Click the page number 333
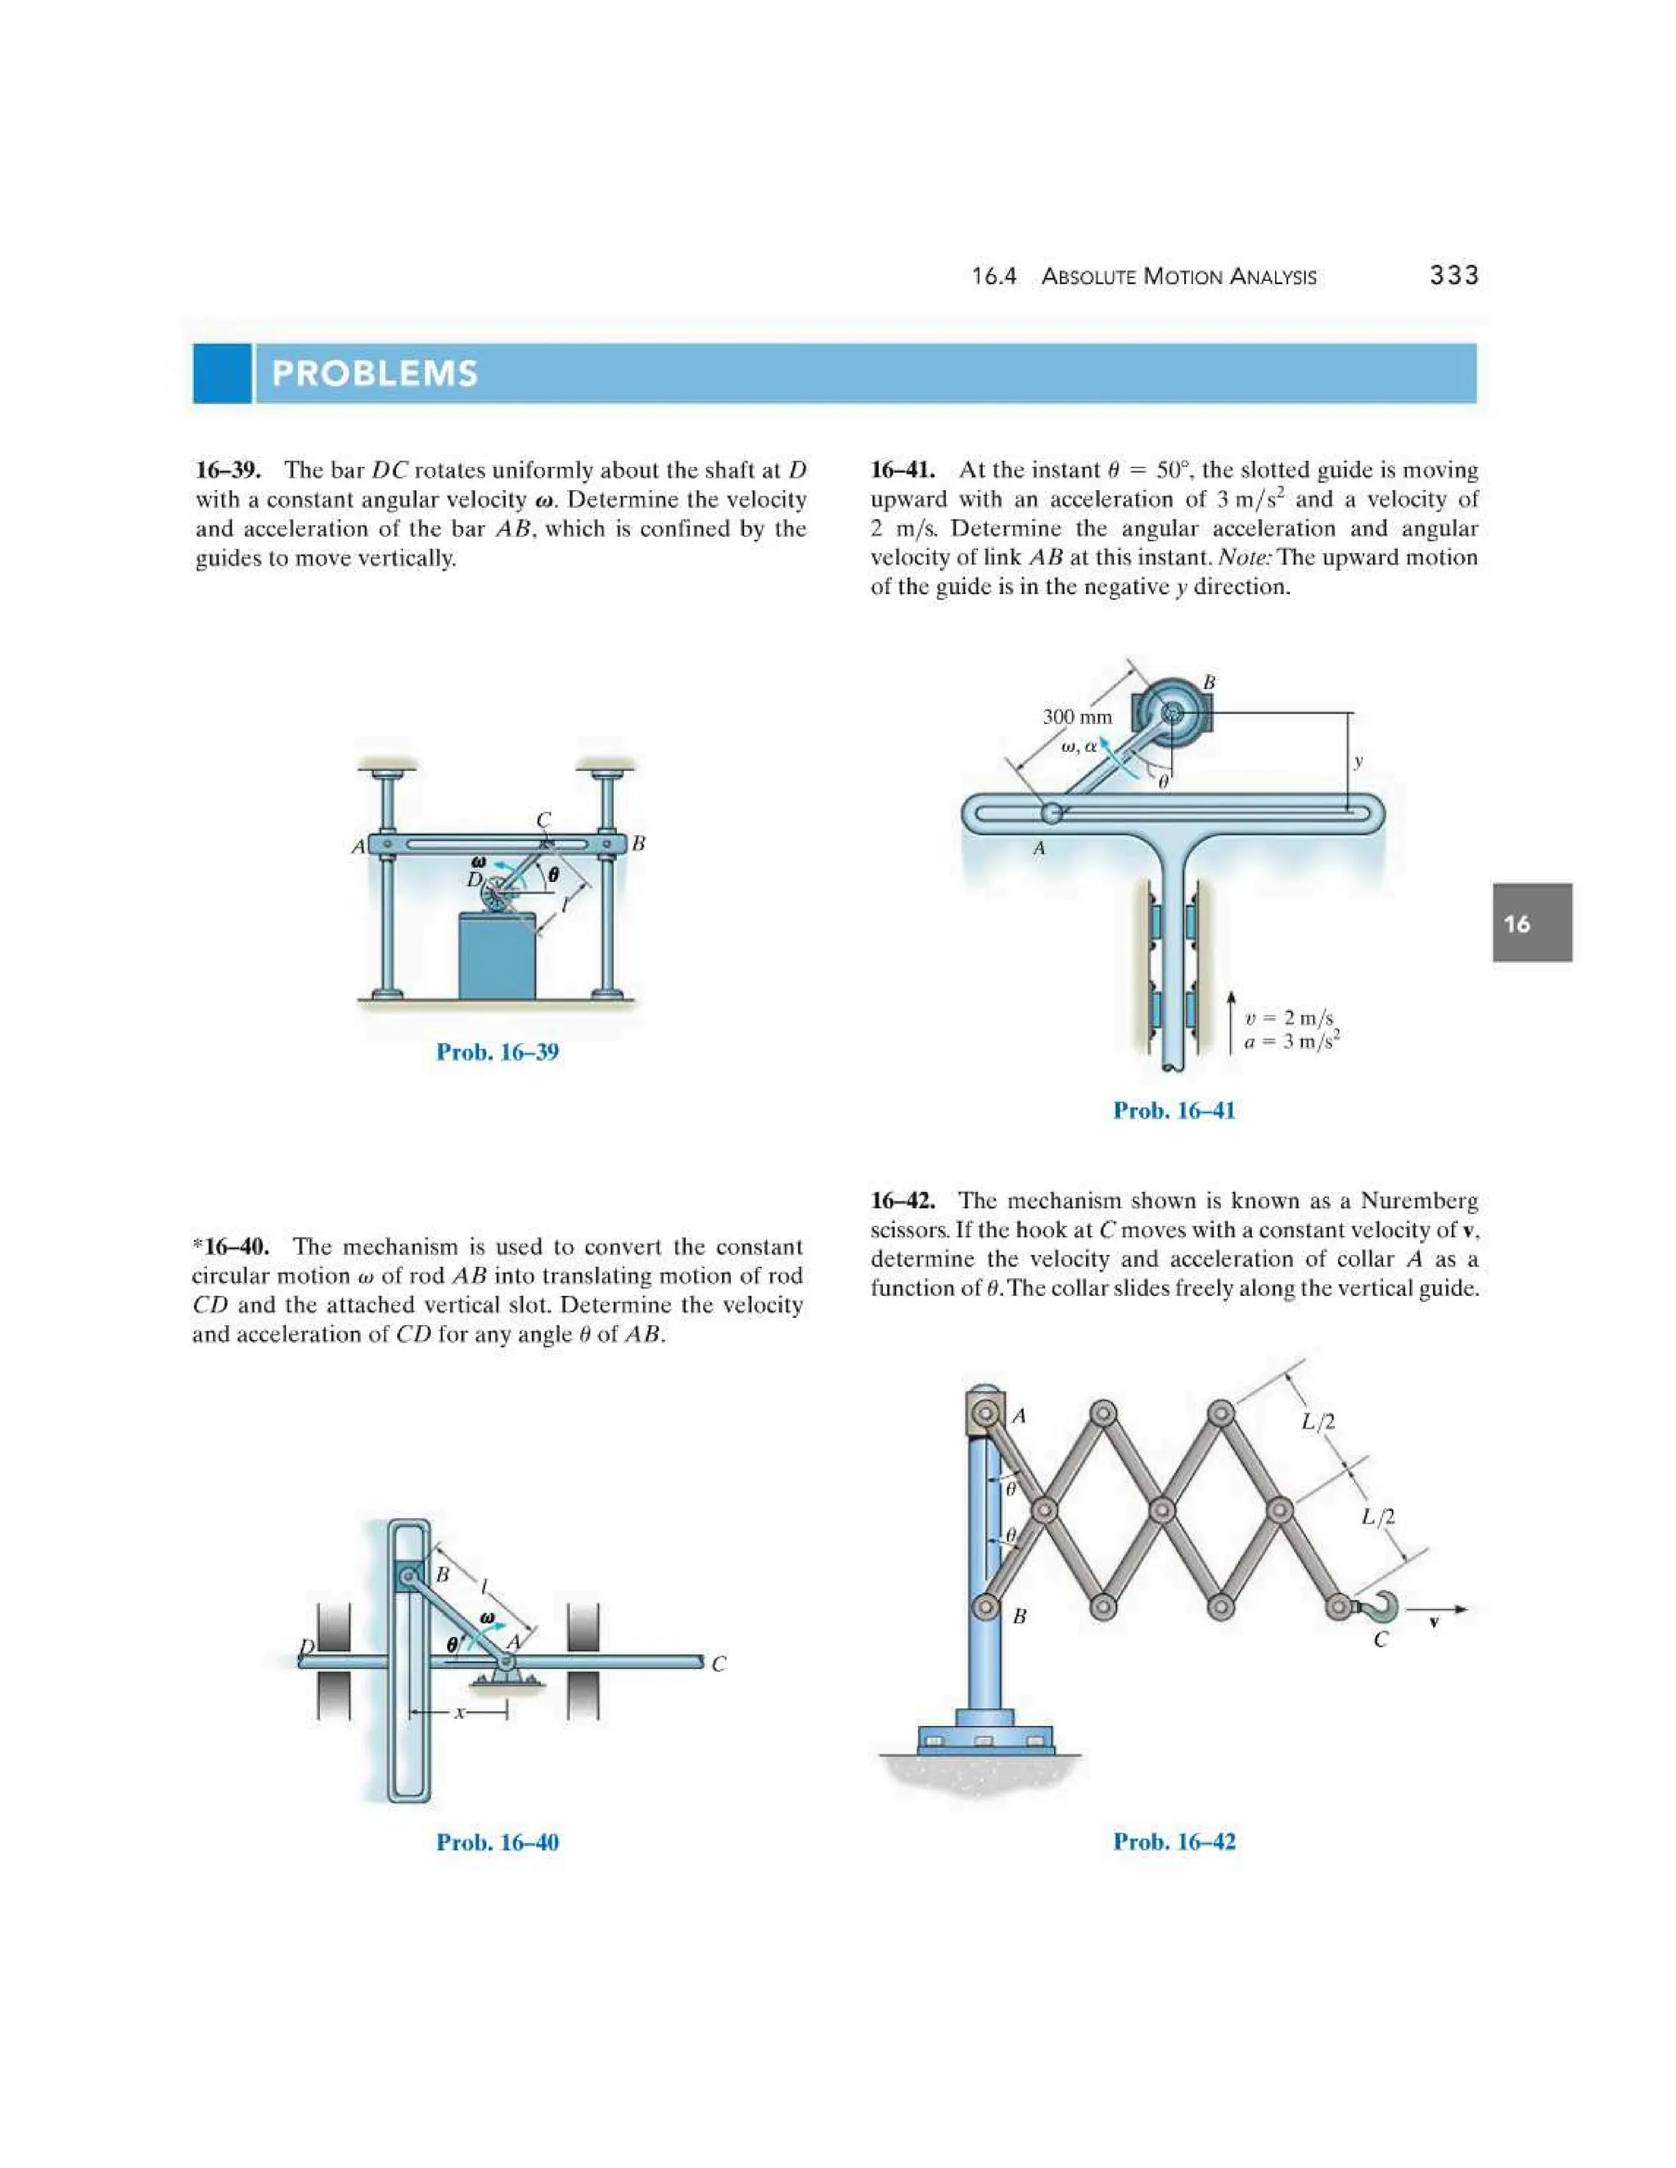point(1453,276)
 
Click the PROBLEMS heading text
point(374,373)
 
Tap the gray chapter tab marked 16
point(1531,923)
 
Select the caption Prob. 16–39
point(498,1052)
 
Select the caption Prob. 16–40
point(498,1842)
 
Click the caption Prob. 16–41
point(1174,1111)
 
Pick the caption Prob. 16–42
point(1174,1842)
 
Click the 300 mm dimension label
point(1077,717)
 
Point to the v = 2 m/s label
point(1289,1018)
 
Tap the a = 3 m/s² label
point(1291,1041)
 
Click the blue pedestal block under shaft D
point(497,955)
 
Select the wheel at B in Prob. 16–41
point(1172,712)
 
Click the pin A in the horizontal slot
point(1051,814)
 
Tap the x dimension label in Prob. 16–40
point(459,1713)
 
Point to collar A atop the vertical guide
point(985,1414)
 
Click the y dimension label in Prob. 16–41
point(1358,762)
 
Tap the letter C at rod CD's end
point(719,1665)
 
